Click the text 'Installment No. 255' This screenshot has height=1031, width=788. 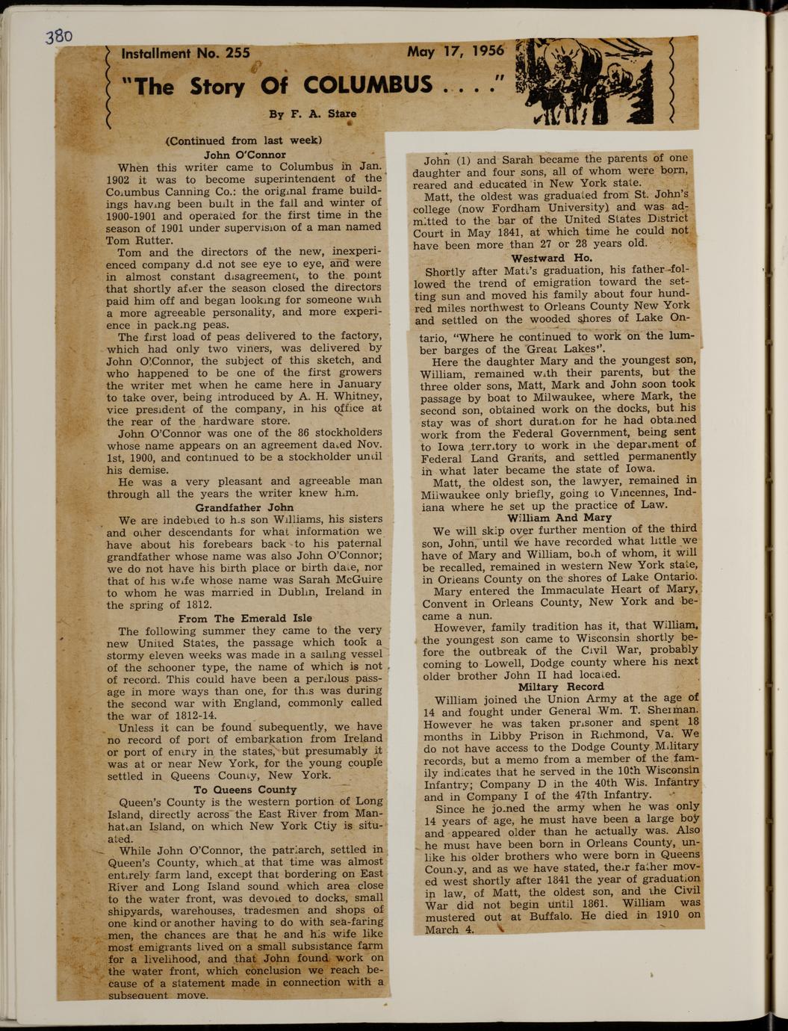click(x=185, y=54)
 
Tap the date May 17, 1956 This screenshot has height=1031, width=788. click(x=456, y=52)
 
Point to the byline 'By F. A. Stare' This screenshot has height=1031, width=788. click(x=313, y=114)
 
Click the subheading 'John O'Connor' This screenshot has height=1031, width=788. click(x=244, y=155)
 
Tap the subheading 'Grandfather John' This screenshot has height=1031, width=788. click(x=244, y=507)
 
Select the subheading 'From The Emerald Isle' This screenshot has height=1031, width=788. click(x=245, y=618)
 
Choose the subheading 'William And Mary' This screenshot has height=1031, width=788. click(x=559, y=517)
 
